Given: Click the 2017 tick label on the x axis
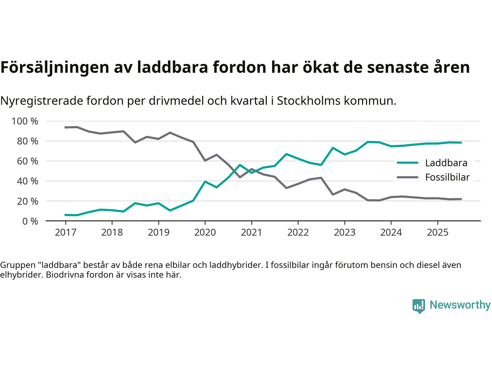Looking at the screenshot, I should (x=65, y=233).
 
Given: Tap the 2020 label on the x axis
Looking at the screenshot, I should (x=205, y=233).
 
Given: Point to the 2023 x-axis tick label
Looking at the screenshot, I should (x=344, y=233).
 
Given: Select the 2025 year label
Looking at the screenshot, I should (x=437, y=233).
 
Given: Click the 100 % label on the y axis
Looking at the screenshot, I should (x=25, y=121).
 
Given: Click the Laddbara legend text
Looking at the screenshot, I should (x=446, y=163).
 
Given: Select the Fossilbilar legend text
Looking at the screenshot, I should (x=447, y=177).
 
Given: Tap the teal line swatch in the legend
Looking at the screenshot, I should (x=407, y=163).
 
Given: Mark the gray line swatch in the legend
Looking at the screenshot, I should (x=407, y=177).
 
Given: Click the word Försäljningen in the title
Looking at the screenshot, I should (x=55, y=67).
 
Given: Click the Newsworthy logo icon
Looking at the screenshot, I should (x=419, y=306).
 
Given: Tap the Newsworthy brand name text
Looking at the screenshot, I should (x=460, y=305).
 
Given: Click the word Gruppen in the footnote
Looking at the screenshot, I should (x=17, y=265).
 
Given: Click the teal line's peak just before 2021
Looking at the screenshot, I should (x=240, y=165).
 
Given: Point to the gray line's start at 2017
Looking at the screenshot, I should (x=65, y=127).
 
